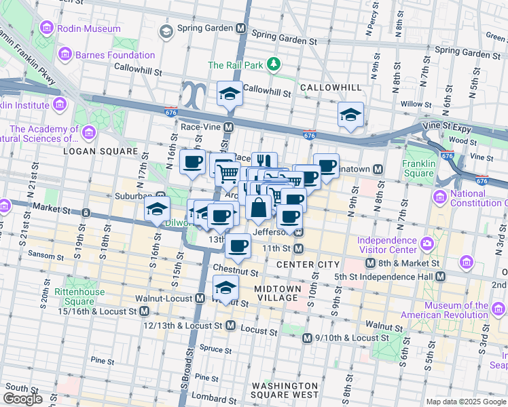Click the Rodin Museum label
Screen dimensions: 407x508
point(88,29)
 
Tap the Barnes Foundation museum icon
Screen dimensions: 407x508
point(65,53)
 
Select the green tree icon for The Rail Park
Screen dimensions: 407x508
point(273,64)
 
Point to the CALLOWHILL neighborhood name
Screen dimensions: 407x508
point(322,88)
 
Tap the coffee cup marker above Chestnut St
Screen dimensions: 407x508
point(238,246)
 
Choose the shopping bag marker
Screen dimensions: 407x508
point(259,207)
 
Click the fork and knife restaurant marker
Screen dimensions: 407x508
point(264,163)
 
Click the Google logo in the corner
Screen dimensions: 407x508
point(22,399)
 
